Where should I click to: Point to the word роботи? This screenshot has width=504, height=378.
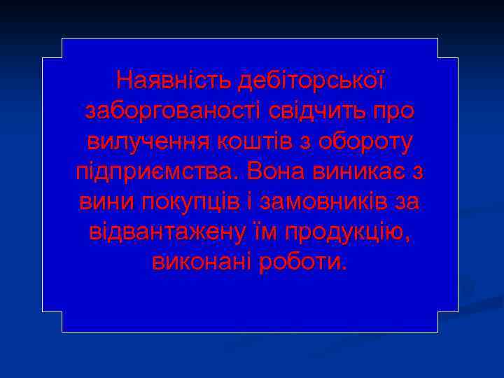click(302, 262)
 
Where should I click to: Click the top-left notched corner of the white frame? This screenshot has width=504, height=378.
click(62, 57)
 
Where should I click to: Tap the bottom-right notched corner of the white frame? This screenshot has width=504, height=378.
click(438, 312)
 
